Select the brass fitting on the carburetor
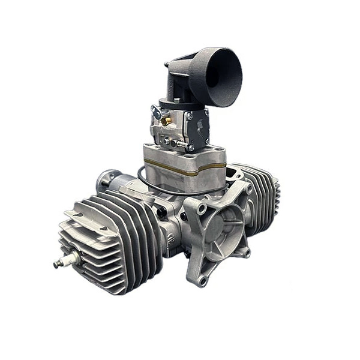[x=166, y=121]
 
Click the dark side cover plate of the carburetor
[x=198, y=128]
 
